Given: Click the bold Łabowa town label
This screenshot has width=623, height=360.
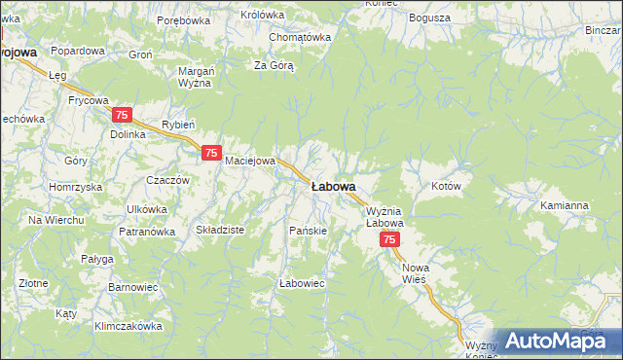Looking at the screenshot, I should pyautogui.click(x=333, y=186).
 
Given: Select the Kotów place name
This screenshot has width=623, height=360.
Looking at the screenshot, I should pyautogui.click(x=445, y=185).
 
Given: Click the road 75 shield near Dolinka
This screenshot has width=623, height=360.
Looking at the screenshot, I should pyautogui.click(x=122, y=115).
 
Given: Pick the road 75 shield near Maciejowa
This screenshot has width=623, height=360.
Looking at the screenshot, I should pyautogui.click(x=211, y=153).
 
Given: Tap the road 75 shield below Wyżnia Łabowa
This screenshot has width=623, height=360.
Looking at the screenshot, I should pyautogui.click(x=389, y=239).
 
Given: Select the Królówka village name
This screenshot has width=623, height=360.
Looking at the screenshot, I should pyautogui.click(x=262, y=15).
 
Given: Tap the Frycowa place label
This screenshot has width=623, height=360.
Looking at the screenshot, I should pyautogui.click(x=88, y=100).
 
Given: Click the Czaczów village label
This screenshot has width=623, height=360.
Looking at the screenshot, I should pyautogui.click(x=166, y=180).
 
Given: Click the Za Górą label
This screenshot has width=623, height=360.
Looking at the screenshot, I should pyautogui.click(x=274, y=65).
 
